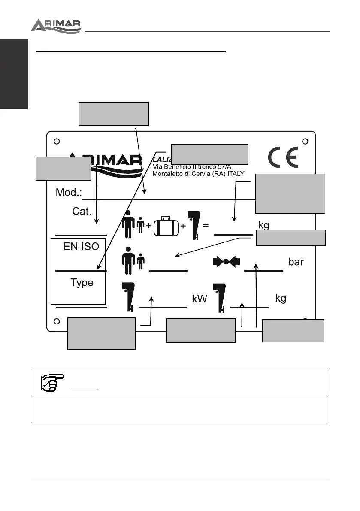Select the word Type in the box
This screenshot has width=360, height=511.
(82, 283)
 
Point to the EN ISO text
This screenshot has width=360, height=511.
(82, 246)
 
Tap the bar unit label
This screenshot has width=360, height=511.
(296, 262)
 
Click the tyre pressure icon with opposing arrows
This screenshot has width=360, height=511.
(226, 262)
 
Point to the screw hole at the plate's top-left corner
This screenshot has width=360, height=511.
(56, 141)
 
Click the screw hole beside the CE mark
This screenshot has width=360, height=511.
(305, 141)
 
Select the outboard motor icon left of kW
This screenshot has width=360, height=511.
(128, 296)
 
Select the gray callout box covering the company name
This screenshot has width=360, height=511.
(209, 154)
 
